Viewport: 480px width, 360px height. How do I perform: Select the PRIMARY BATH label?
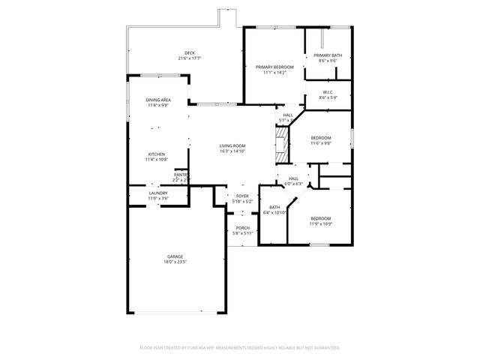[328, 55]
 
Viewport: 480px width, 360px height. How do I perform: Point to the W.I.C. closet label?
[328, 92]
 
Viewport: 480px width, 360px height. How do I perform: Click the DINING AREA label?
[157, 100]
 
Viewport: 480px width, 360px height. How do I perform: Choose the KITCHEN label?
[156, 154]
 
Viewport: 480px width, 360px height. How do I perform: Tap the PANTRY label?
[181, 174]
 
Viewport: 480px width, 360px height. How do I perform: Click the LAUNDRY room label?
[157, 193]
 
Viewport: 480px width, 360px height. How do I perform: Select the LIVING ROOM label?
[232, 145]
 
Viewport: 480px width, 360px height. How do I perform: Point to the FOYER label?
[242, 196]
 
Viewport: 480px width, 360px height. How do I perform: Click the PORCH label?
[242, 228]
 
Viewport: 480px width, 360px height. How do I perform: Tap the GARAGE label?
[175, 256]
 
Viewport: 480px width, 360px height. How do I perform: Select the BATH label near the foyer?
[274, 207]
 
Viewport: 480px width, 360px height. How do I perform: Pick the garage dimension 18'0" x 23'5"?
[175, 262]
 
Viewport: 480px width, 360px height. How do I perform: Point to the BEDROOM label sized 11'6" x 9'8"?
[321, 137]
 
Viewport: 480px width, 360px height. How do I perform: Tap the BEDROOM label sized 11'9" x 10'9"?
[320, 218]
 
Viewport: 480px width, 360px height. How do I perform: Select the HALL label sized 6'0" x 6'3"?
[292, 178]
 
